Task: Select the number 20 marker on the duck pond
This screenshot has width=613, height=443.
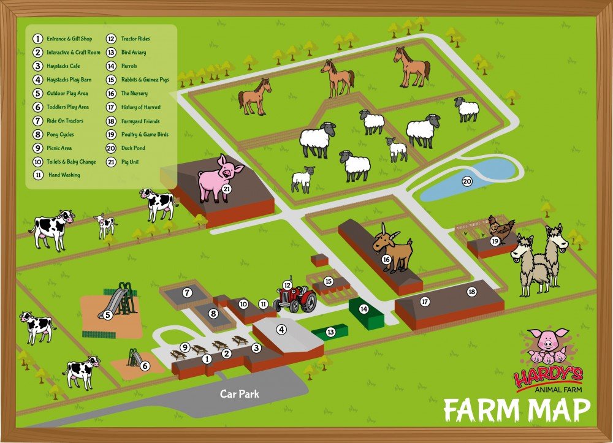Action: (x=467, y=181)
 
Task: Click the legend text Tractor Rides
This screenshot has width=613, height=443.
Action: (x=135, y=39)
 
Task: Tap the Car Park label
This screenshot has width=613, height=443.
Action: (x=240, y=394)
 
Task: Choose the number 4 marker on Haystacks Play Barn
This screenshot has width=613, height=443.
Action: (x=281, y=329)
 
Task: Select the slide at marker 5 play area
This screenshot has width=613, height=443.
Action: (x=120, y=300)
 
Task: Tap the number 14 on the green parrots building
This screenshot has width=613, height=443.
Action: (x=364, y=309)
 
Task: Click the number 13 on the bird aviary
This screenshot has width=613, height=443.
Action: (x=330, y=332)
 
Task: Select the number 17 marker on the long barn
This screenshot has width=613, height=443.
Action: (x=424, y=301)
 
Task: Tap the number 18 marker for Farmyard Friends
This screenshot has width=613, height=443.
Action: (x=472, y=292)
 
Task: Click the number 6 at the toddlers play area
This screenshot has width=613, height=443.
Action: (x=145, y=366)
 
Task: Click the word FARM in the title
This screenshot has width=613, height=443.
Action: (x=479, y=410)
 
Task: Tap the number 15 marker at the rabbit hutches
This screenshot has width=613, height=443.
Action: (x=329, y=281)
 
